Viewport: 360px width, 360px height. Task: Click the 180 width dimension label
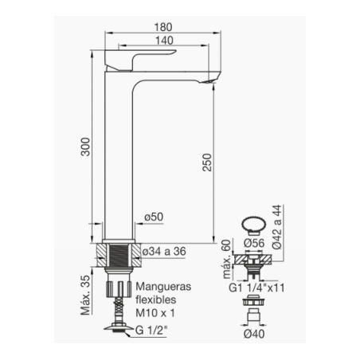coord(163,27)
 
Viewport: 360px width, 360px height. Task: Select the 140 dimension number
coord(164,41)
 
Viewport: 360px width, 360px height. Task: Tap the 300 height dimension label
coord(86,147)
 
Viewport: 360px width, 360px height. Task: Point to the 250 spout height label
coord(207,162)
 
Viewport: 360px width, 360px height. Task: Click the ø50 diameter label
coord(154,217)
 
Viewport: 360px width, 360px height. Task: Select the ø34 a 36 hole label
coord(164,251)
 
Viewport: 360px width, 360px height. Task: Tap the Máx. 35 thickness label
coord(86,295)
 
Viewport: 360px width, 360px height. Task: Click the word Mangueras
coord(163,287)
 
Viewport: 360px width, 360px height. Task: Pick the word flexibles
coord(156,299)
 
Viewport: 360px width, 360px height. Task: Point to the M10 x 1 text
coord(155,313)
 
